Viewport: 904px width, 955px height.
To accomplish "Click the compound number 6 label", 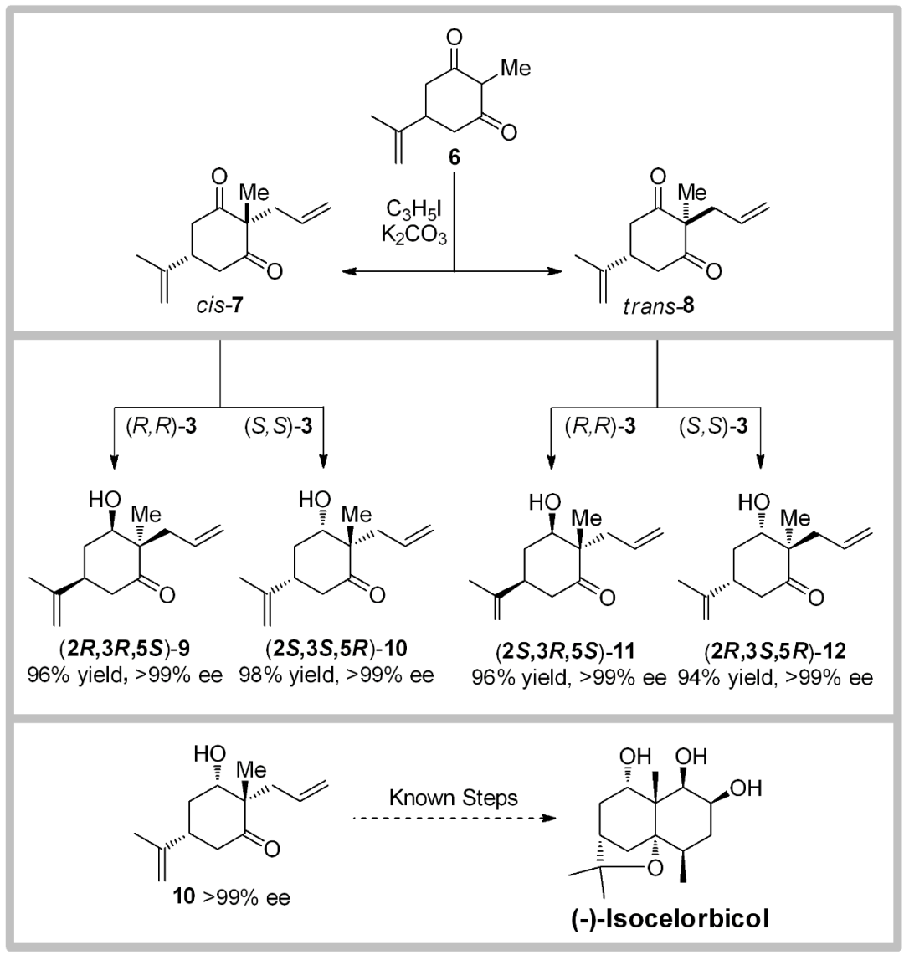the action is pos(452,156).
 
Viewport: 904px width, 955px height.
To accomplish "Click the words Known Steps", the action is pos(453,797).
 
